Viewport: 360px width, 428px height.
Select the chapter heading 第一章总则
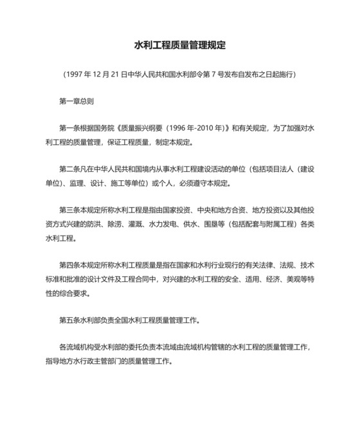[x=76, y=101]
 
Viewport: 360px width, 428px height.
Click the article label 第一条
[x=68, y=128]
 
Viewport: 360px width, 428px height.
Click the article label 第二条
[x=68, y=169]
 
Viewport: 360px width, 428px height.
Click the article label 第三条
[x=68, y=210]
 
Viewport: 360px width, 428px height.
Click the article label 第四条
[x=68, y=265]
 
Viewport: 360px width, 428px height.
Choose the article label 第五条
[x=68, y=319]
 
